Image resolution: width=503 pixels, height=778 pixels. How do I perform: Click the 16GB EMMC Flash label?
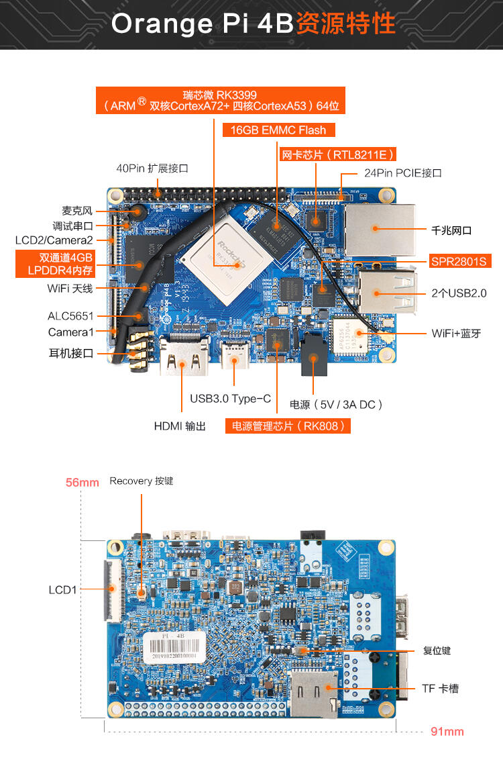click(x=278, y=130)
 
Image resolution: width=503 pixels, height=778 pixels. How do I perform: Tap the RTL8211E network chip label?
click(x=337, y=154)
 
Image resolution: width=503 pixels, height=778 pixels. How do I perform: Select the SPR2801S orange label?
click(x=458, y=261)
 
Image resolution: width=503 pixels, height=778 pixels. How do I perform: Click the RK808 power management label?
click(x=288, y=426)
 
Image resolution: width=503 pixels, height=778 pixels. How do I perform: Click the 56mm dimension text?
click(x=82, y=482)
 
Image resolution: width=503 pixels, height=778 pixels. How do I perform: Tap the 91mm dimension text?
click(x=447, y=731)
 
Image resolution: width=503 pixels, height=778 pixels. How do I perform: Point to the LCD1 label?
click(x=63, y=590)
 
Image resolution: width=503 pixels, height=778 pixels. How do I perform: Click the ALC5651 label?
click(x=70, y=315)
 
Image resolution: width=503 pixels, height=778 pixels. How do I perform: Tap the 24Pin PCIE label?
click(x=402, y=173)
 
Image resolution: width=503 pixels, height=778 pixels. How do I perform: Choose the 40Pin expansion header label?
click(x=152, y=168)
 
